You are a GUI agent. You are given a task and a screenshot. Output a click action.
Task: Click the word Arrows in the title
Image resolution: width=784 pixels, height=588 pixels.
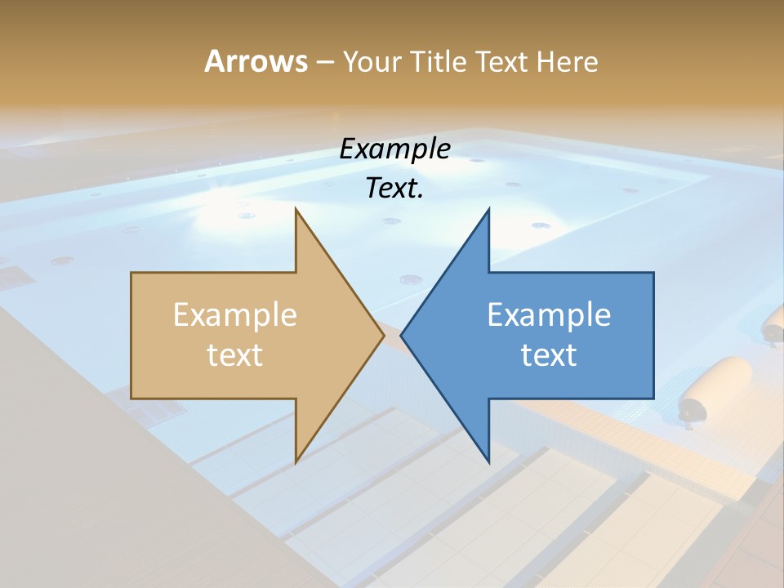click(x=256, y=61)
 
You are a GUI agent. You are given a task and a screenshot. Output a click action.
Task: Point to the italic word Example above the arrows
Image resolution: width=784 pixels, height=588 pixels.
click(x=394, y=149)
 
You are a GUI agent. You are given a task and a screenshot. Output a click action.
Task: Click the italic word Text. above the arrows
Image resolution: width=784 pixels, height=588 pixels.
click(x=394, y=188)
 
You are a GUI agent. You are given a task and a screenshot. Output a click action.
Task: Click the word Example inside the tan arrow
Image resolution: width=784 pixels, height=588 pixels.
click(x=235, y=314)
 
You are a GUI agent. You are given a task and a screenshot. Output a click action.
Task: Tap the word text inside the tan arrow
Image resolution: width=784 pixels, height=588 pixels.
click(x=235, y=354)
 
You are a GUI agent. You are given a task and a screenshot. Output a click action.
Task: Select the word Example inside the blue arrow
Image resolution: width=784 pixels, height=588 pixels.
click(x=549, y=314)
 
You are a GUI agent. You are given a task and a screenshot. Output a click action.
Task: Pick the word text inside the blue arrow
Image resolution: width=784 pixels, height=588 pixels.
click(x=549, y=354)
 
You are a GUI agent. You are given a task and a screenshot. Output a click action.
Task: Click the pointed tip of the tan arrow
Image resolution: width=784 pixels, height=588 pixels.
click(x=384, y=334)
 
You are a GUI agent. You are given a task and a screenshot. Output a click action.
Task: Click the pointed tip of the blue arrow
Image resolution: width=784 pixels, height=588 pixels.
click(x=401, y=334)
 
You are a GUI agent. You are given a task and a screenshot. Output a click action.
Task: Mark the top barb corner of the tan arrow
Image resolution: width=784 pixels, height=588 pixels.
click(x=296, y=209)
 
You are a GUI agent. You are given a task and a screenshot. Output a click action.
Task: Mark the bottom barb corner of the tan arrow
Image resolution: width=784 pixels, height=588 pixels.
click(x=296, y=462)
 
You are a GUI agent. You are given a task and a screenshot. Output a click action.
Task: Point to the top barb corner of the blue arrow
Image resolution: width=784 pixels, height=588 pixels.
click(x=488, y=209)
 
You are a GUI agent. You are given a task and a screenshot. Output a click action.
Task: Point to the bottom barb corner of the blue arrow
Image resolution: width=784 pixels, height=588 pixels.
click(x=488, y=462)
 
